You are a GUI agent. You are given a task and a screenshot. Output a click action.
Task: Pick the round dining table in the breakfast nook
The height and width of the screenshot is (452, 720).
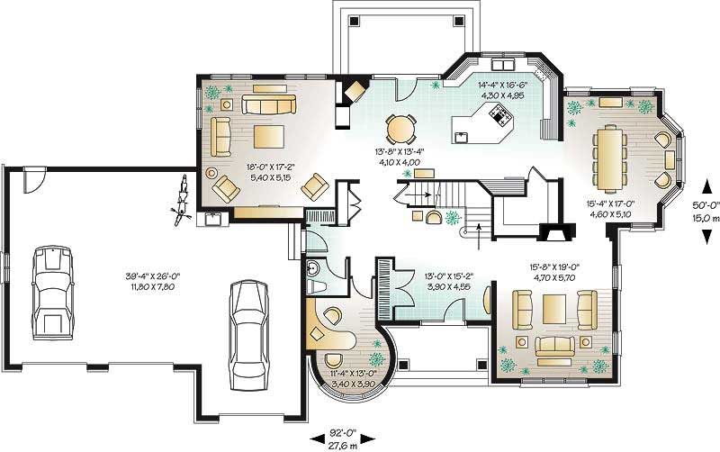point(402,127)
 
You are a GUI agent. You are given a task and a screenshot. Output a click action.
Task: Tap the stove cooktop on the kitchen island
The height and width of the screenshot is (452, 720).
point(497,114)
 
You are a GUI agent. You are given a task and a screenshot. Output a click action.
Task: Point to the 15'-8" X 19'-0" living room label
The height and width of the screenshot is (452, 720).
point(555,272)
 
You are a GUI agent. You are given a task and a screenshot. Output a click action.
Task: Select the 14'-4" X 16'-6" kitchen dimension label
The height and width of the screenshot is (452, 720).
point(502,88)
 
